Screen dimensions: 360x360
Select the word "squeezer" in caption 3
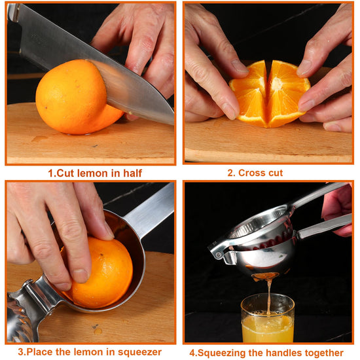(x=139, y=352)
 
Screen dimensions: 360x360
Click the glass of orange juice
(x=268, y=319)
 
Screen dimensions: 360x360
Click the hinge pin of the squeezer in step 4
(x=219, y=255)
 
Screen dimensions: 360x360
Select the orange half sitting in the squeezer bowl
(x=101, y=273)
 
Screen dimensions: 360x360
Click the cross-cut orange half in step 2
(x=270, y=94)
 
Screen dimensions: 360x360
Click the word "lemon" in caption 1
(x=92, y=173)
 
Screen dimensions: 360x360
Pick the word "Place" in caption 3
(x=40, y=352)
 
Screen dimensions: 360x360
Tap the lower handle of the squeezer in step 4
(x=325, y=226)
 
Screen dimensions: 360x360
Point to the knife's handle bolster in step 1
(x=14, y=12)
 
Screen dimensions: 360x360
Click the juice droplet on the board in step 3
(x=98, y=331)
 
